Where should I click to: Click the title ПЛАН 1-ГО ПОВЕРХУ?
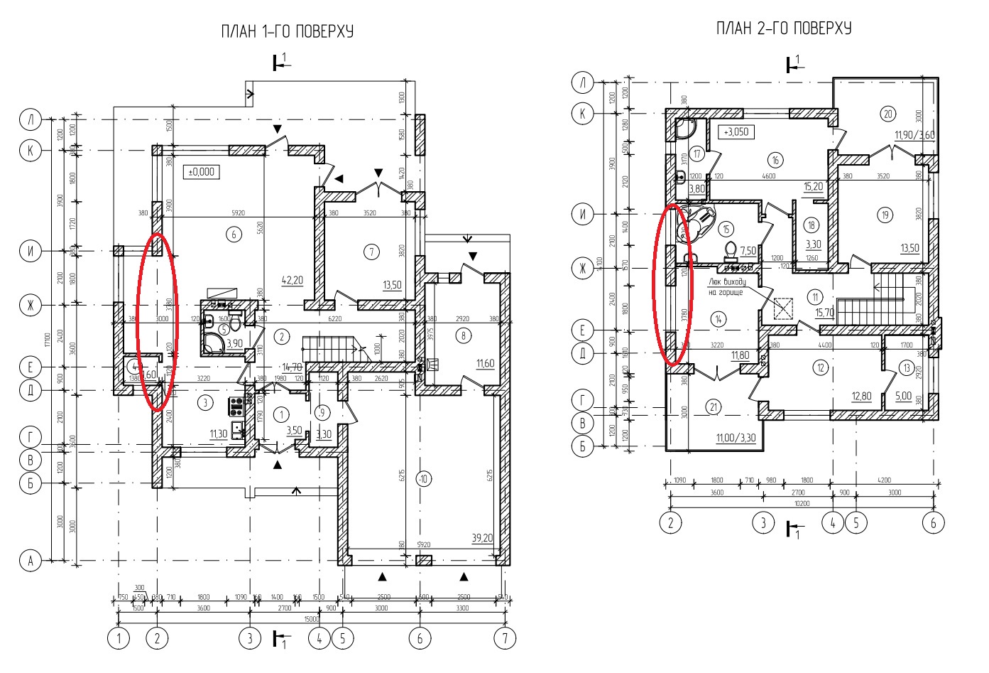coord(287,31)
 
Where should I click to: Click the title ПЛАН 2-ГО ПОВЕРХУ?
coord(783,28)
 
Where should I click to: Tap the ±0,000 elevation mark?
coord(202,172)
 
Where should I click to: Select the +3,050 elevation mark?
coord(736,132)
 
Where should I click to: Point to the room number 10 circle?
coord(424,479)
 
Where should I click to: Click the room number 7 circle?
coord(368,250)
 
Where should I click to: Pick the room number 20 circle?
coord(887,112)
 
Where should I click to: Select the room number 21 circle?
coord(713,407)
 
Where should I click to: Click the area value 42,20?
coord(293,281)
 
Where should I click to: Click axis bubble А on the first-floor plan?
coord(30,561)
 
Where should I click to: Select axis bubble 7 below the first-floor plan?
coord(505,638)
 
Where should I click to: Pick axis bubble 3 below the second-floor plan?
coord(763,523)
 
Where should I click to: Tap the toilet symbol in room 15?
coord(729,249)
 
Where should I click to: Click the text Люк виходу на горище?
coord(726,286)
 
